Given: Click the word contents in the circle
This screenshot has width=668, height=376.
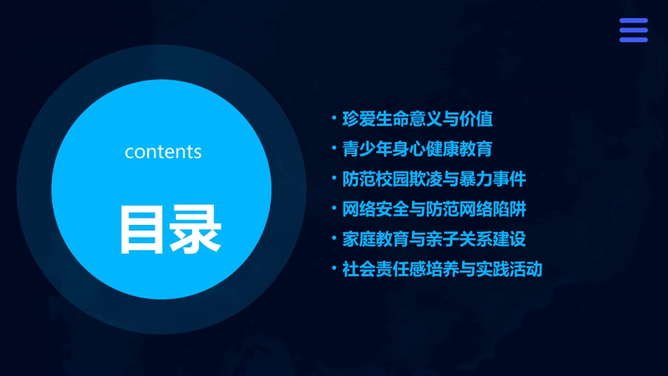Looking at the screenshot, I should pyautogui.click(x=163, y=152).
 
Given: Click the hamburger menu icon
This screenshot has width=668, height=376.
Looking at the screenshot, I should pyautogui.click(x=633, y=30).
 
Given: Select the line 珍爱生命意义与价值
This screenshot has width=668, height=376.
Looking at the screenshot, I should pyautogui.click(x=418, y=119).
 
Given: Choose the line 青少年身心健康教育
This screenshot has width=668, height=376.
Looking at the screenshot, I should pyautogui.click(x=418, y=149).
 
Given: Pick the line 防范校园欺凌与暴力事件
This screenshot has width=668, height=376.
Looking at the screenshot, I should pyautogui.click(x=434, y=179).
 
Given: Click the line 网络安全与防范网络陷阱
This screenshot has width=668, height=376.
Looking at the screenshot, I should pyautogui.click(x=434, y=209).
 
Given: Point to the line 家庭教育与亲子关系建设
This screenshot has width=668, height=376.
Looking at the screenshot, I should pyautogui.click(x=434, y=239).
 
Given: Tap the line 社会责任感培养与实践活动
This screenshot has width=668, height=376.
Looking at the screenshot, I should pyautogui.click(x=442, y=269).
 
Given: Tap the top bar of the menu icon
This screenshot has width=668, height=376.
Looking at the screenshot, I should pyautogui.click(x=633, y=21).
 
